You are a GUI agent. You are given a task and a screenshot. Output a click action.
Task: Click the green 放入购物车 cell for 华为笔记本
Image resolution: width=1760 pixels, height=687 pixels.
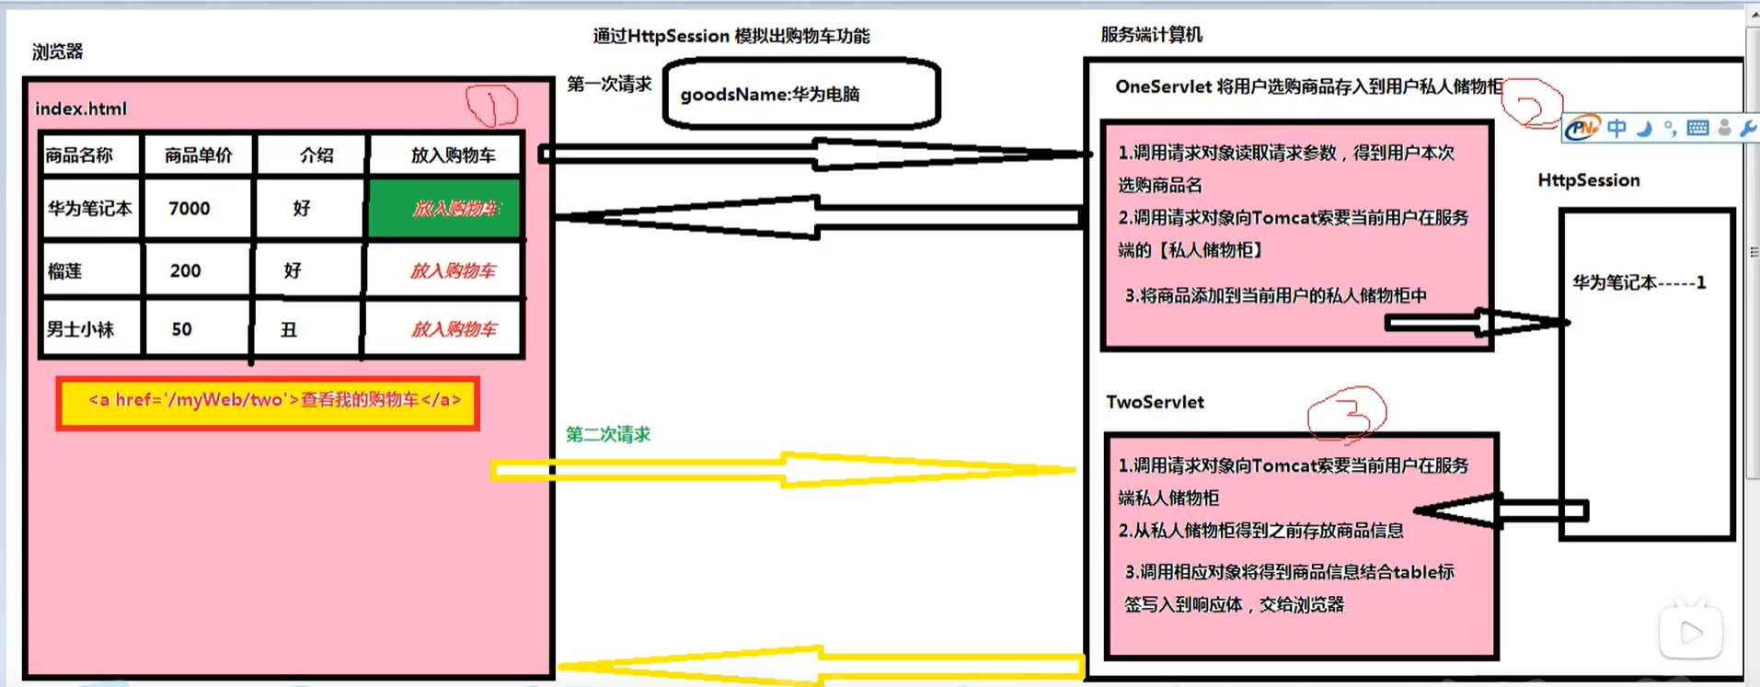(x=444, y=209)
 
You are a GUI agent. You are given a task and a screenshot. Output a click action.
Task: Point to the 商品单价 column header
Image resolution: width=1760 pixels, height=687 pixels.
(x=198, y=155)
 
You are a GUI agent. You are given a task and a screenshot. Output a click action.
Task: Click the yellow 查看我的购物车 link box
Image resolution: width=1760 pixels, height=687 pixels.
(x=269, y=402)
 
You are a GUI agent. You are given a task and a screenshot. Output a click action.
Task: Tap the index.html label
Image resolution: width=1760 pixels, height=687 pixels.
(x=81, y=109)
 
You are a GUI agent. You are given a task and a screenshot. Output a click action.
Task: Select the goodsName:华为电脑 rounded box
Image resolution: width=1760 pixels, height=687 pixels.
(x=800, y=94)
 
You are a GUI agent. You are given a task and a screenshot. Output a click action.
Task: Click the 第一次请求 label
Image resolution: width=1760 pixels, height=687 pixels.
(x=608, y=85)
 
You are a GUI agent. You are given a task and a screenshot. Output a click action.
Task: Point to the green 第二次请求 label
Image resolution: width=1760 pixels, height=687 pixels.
(x=607, y=434)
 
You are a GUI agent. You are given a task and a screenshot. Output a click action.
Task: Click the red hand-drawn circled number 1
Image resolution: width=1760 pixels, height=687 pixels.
(x=492, y=105)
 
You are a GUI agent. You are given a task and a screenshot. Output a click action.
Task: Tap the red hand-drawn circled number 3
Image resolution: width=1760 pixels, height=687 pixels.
(x=1347, y=413)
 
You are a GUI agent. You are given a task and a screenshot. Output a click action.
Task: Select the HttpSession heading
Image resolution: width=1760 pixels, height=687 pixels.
(x=1588, y=180)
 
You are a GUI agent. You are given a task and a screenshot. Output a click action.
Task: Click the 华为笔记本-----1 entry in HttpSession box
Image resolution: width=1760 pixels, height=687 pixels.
(x=1639, y=283)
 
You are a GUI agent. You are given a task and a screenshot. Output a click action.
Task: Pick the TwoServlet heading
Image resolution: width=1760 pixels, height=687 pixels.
(x=1155, y=402)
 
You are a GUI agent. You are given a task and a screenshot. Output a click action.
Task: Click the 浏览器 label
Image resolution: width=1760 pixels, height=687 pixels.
(x=57, y=52)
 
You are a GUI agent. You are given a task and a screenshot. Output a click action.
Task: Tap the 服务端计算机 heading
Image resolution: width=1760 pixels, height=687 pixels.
(x=1151, y=35)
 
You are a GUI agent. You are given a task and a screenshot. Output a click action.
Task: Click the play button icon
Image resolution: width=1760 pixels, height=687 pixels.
(x=1690, y=633)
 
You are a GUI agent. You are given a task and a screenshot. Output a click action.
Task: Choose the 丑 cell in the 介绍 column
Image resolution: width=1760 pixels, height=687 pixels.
(x=289, y=329)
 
